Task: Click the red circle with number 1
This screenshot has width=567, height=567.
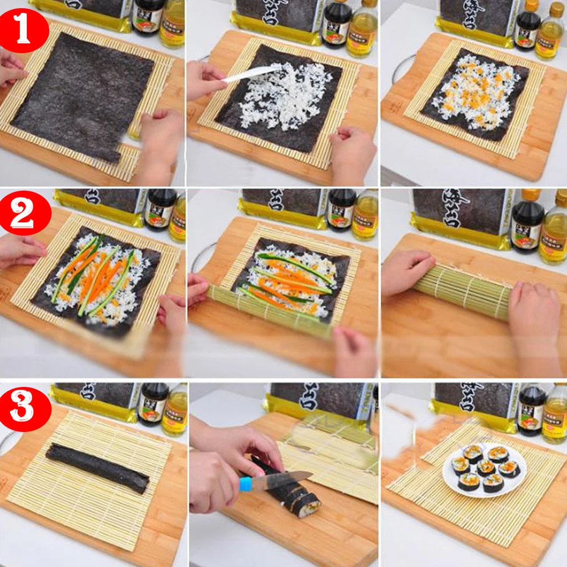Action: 23,31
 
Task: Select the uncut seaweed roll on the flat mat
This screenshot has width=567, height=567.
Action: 97,468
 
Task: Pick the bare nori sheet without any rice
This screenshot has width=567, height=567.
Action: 83,94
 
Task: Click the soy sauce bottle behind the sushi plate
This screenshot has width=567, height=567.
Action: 531,409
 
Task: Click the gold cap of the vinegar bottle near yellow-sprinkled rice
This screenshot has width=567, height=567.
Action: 556,9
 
